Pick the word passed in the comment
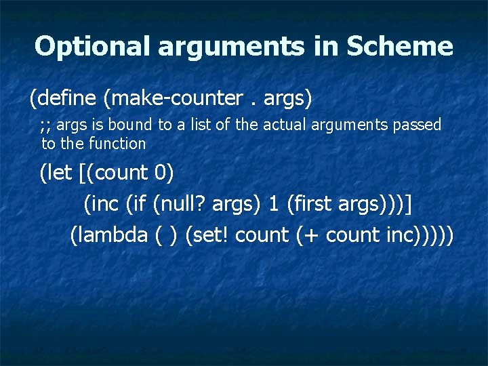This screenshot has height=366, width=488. [420, 125]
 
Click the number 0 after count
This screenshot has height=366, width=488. [161, 173]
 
